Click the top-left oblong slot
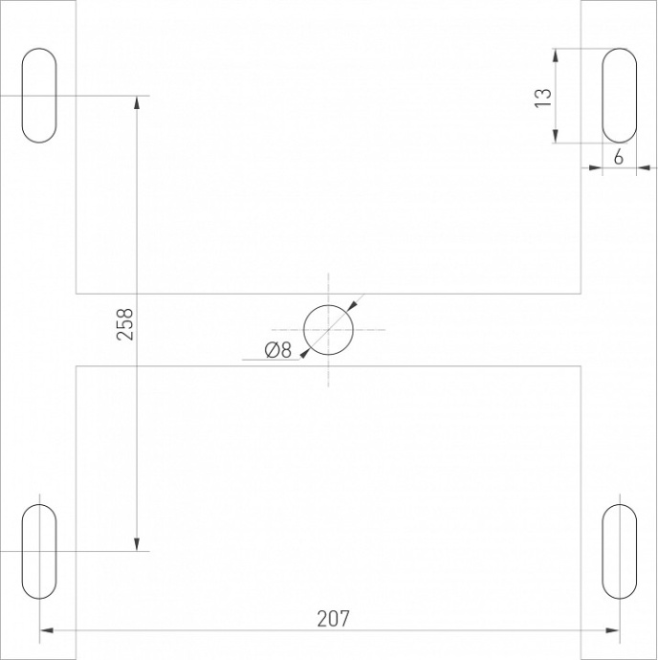[39, 96]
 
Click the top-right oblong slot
[619, 96]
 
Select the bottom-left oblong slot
[39, 551]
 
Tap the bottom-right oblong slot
[619, 551]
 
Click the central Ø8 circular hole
[328, 330]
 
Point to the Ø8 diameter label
[275, 350]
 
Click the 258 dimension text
[125, 323]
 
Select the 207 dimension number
[333, 619]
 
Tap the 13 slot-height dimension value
[542, 98]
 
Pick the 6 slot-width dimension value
[618, 158]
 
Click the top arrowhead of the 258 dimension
[138, 103]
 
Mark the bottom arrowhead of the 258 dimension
[138, 543]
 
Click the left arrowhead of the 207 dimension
[47, 630]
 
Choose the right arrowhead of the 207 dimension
[612, 630]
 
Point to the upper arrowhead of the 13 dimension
[556, 55]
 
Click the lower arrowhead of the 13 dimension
[556, 136]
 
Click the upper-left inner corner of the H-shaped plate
[77, 293]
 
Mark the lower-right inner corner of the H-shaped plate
[581, 366]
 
